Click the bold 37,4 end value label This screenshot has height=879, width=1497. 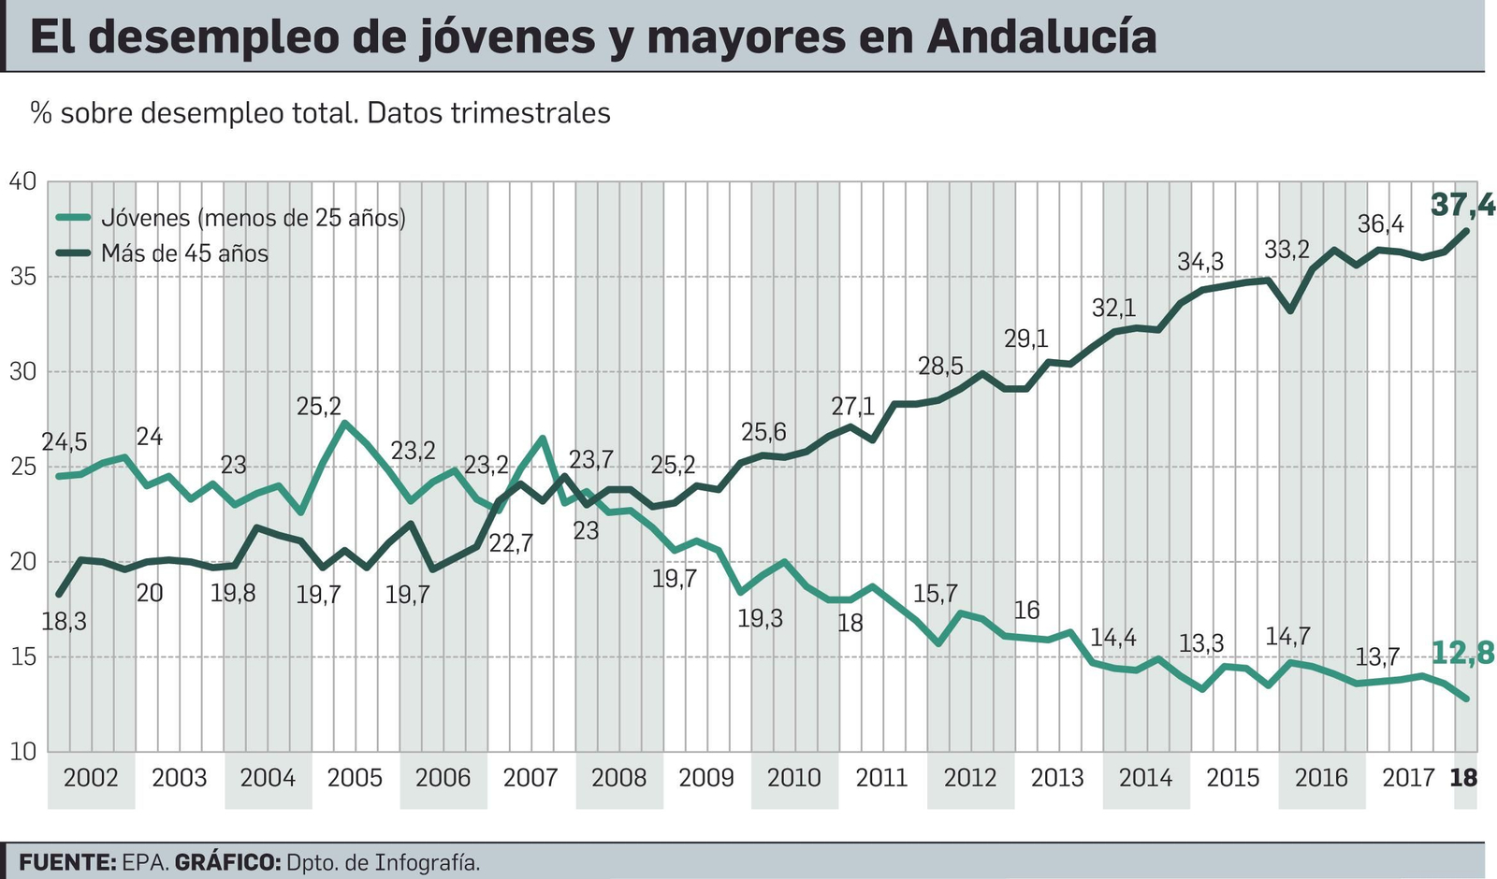1462,204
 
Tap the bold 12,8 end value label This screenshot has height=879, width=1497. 1462,653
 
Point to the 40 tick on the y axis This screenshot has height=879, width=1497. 22,180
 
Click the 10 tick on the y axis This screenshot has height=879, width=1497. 22,751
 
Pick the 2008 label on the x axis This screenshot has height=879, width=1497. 618,778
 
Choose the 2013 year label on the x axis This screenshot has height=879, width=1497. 1057,778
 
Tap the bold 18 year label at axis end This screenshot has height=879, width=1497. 1463,778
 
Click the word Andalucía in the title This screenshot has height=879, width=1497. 1041,37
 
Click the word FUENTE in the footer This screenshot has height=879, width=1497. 66,862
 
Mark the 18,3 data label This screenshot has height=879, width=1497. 64,622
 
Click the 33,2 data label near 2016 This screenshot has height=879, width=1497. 1287,250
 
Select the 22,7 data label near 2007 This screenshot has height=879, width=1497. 510,543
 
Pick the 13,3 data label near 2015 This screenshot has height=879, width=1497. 1200,643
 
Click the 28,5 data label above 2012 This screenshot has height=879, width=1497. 940,366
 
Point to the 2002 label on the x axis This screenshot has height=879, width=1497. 91,778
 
